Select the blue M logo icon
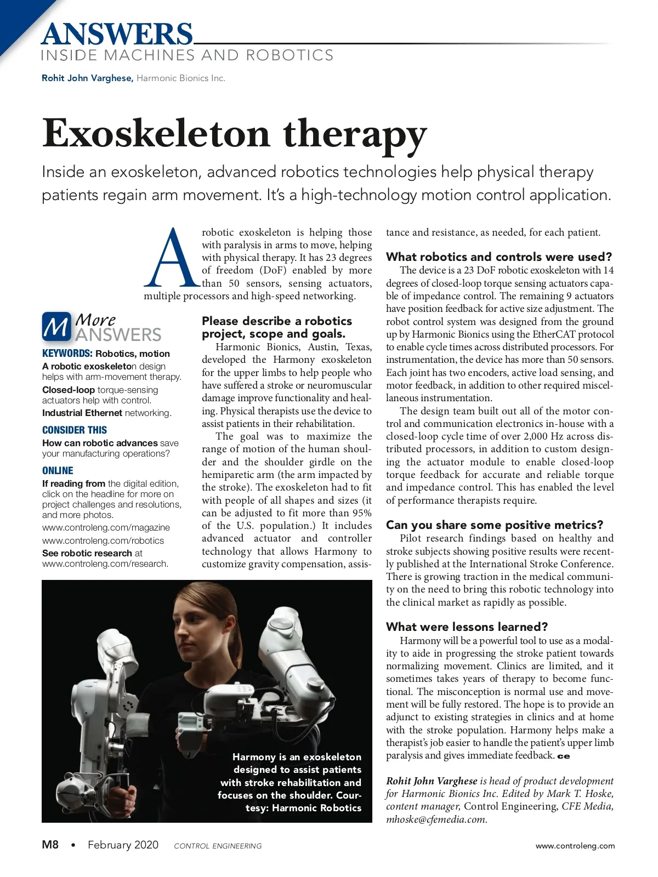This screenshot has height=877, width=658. click(x=56, y=327)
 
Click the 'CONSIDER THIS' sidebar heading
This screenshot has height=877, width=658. click(x=75, y=430)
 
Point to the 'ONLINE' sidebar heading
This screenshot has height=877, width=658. click(x=58, y=471)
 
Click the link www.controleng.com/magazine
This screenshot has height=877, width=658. click(x=106, y=527)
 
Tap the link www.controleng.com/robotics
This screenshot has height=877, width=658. click(x=103, y=540)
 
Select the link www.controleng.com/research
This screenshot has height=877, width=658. click(x=105, y=563)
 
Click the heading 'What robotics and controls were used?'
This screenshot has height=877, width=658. click(x=499, y=257)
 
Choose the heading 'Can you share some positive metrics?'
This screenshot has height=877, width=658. click(x=495, y=525)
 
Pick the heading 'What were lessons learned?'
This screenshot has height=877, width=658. click(x=467, y=627)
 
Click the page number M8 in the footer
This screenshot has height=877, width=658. click(x=50, y=845)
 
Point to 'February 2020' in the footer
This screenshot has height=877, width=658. click(x=123, y=845)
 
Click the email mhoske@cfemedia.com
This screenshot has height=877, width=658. click(x=435, y=819)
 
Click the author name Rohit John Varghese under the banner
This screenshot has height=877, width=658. click(x=87, y=78)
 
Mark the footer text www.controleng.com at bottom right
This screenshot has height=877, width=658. click(x=575, y=846)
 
